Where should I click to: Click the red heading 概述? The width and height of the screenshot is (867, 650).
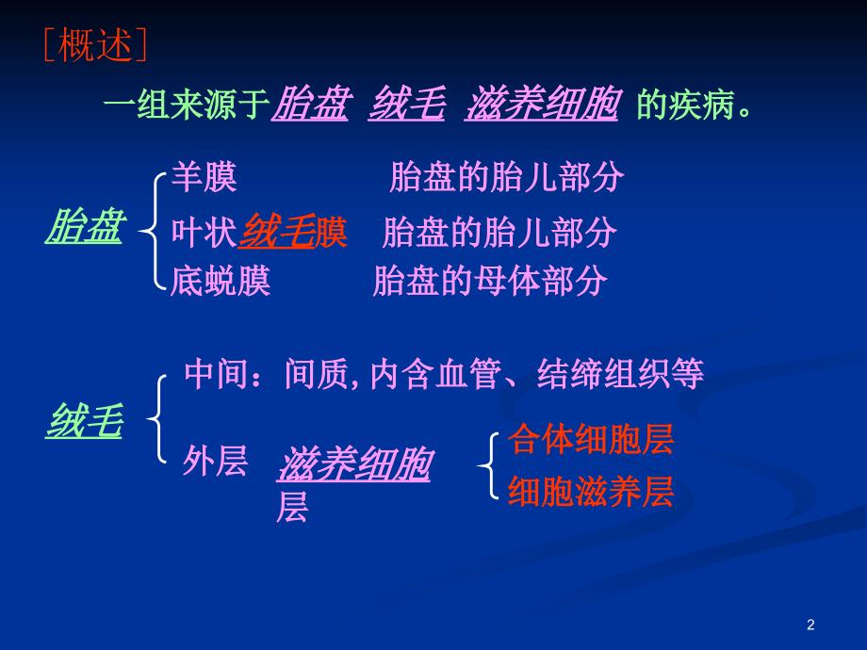(x=95, y=45)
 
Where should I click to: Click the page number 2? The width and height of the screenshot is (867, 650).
(x=810, y=625)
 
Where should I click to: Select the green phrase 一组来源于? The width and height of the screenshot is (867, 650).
(x=187, y=104)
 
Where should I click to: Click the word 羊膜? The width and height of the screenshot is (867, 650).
(x=204, y=177)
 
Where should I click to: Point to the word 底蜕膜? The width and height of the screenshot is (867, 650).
(x=221, y=281)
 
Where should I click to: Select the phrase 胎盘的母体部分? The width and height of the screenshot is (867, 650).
(x=490, y=281)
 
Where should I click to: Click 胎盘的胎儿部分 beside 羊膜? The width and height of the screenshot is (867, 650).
(x=506, y=177)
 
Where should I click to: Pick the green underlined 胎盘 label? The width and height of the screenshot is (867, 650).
(x=85, y=226)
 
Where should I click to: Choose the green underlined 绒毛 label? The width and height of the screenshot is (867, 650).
(x=85, y=421)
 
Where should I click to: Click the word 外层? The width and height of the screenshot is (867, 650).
(x=215, y=461)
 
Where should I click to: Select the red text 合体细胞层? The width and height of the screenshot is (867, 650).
(x=591, y=439)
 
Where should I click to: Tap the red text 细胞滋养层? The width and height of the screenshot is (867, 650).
(x=591, y=492)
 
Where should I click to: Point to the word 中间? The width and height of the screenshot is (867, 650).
(x=217, y=374)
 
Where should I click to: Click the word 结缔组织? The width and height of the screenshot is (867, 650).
(x=604, y=374)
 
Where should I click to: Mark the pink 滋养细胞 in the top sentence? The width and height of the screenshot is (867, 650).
(x=542, y=104)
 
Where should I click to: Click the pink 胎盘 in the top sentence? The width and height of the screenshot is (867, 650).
(x=311, y=104)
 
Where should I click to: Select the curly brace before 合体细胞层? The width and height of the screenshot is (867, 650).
(x=487, y=465)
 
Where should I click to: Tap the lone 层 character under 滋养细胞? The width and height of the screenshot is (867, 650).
(x=292, y=507)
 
